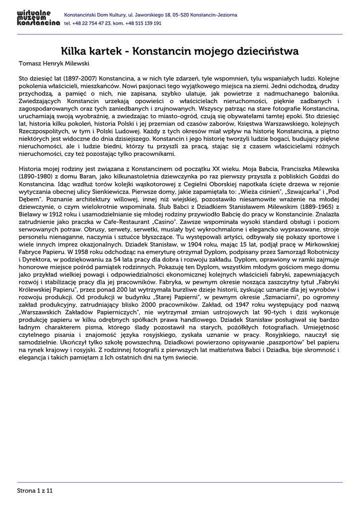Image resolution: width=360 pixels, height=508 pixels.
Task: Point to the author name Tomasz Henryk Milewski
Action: [54, 63]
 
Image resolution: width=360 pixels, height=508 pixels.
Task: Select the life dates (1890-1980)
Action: [35, 176]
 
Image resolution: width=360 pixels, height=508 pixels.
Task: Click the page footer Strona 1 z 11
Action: [35, 490]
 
